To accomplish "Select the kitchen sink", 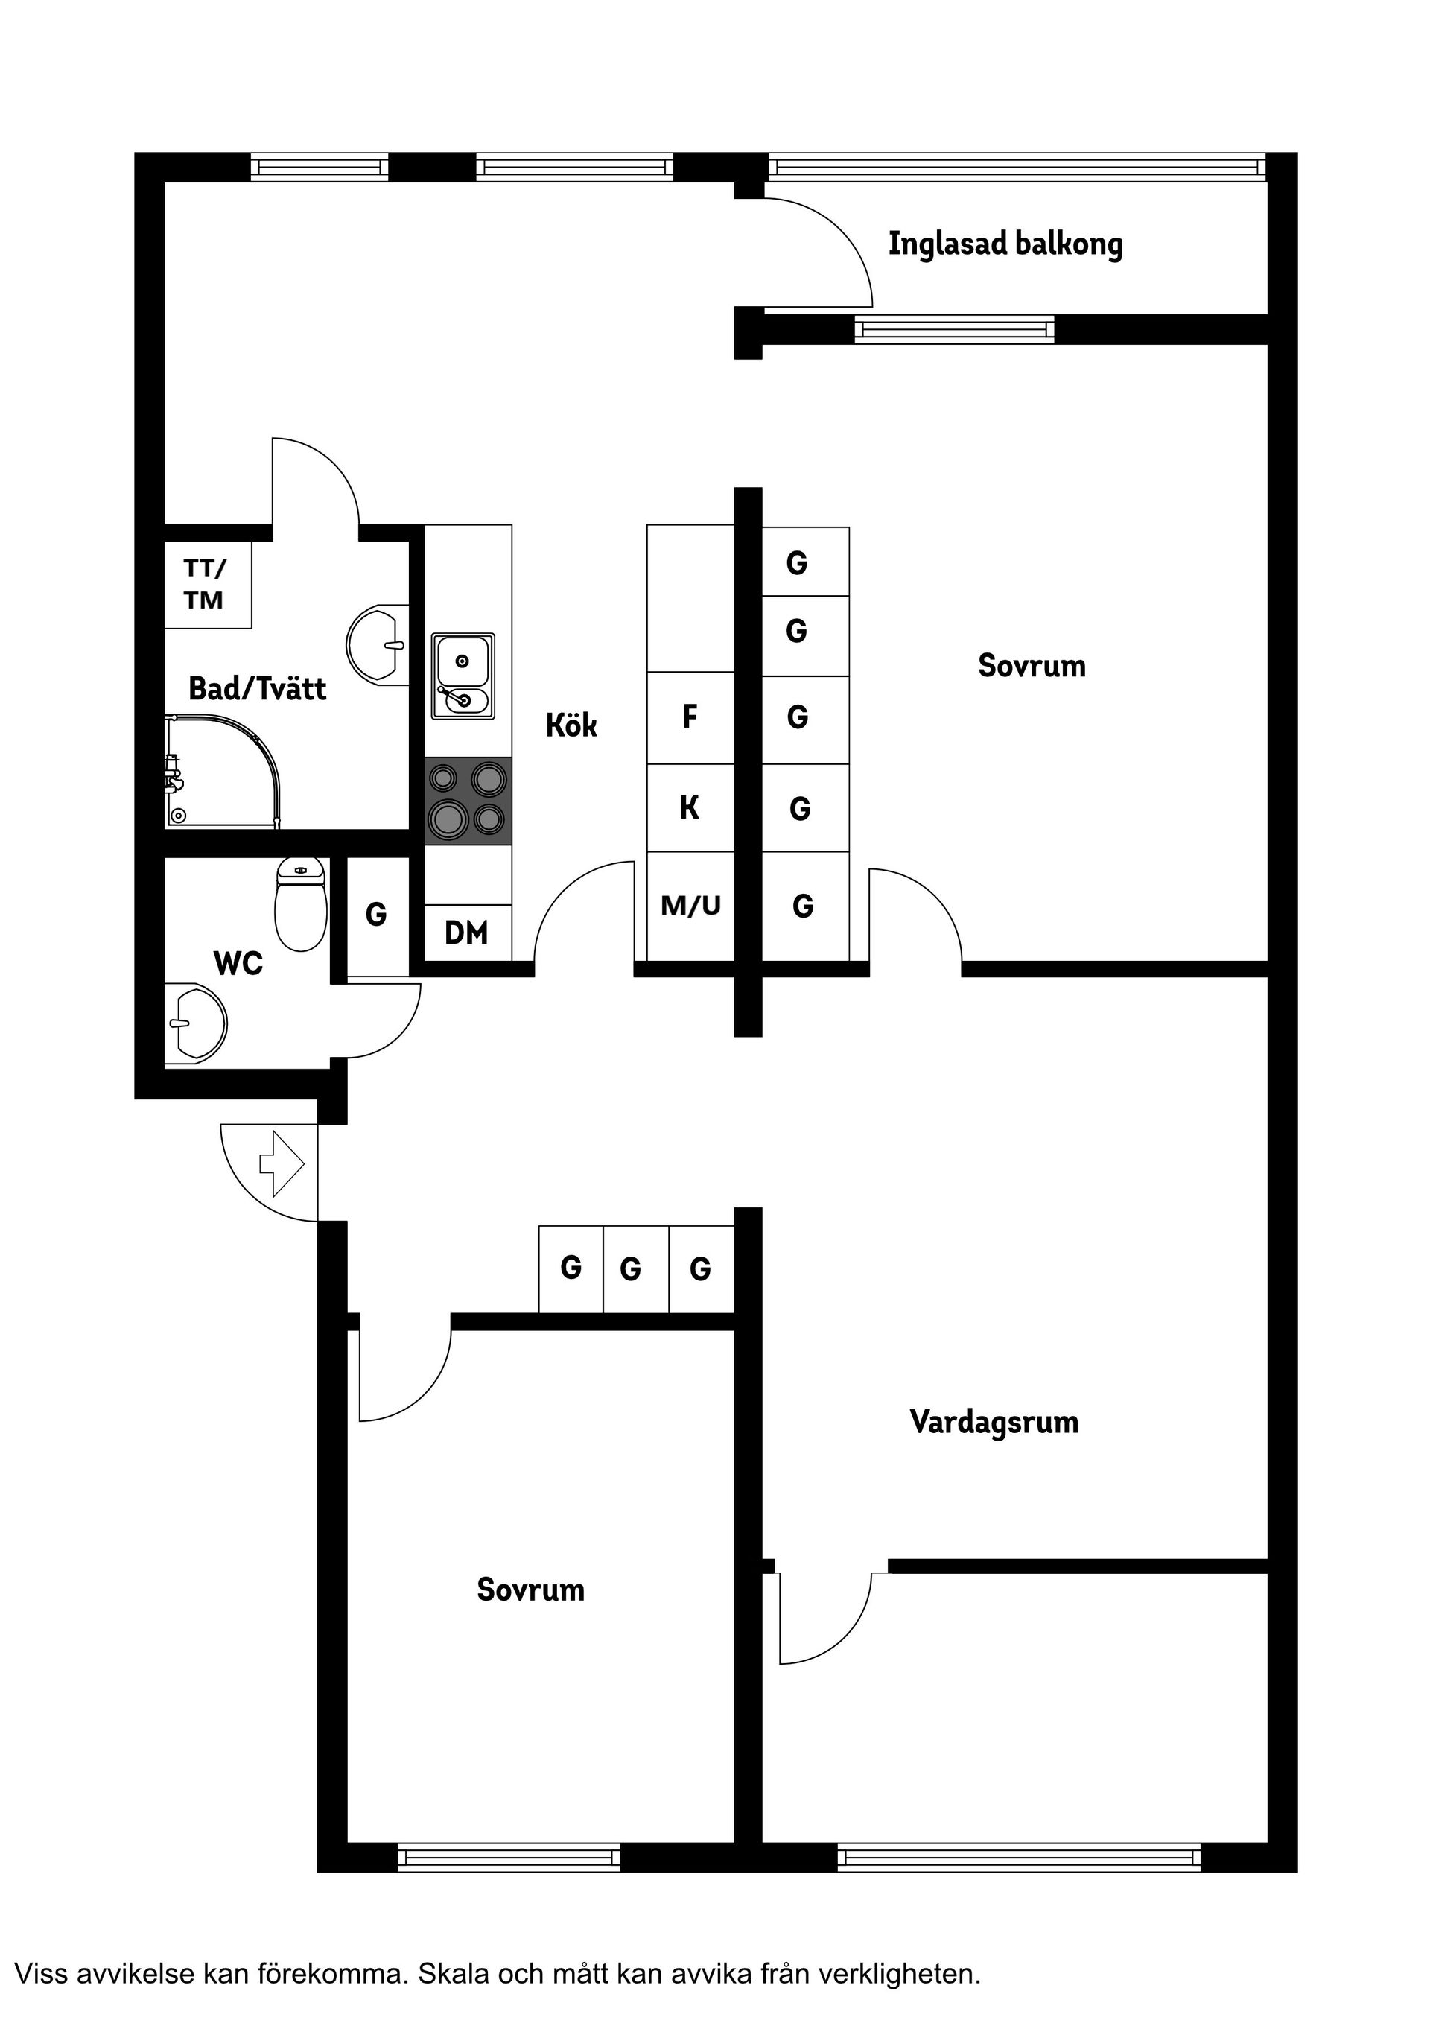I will (x=463, y=676).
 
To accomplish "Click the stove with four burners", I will (x=468, y=801).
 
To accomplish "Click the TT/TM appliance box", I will (x=208, y=584).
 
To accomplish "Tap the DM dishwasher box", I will (x=467, y=933).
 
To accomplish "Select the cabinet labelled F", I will (x=690, y=717).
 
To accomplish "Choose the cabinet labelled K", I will (x=690, y=807).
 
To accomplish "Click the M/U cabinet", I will (x=690, y=905).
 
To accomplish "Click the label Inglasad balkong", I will (x=1005, y=244).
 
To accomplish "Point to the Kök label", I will (x=571, y=725).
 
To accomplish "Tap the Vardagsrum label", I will (x=994, y=1421).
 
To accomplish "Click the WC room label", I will (x=238, y=963).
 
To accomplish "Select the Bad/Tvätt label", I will (x=257, y=688).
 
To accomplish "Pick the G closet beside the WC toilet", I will (x=376, y=915).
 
